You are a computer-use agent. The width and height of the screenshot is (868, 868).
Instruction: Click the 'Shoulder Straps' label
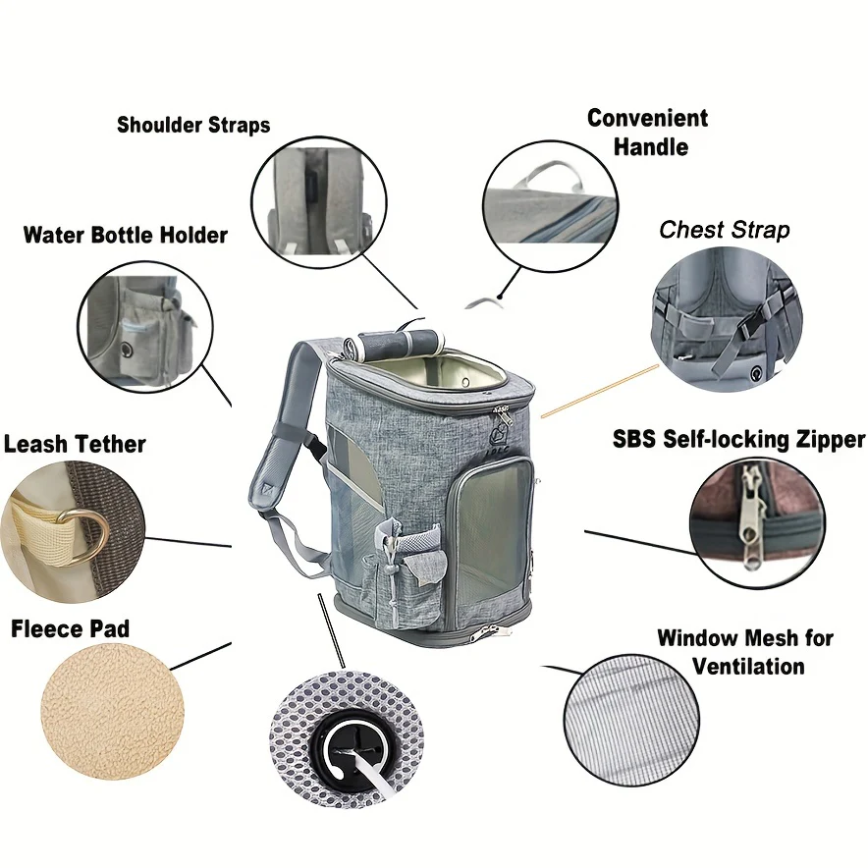tap(193, 125)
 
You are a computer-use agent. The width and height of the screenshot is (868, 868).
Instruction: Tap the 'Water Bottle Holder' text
tap(126, 236)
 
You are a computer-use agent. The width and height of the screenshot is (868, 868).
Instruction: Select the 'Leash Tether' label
tap(75, 444)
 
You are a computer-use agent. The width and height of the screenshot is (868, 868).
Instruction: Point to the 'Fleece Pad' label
tap(70, 628)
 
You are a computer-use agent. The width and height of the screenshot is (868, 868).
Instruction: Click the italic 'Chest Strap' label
tap(724, 230)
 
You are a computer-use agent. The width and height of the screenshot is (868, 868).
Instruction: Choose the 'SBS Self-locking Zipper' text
tap(738, 439)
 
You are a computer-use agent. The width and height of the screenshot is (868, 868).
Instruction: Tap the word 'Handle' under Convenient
tap(650, 147)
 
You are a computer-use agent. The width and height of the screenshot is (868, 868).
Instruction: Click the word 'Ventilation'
tap(748, 666)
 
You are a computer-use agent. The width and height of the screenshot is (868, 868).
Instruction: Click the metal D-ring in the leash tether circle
tap(88, 537)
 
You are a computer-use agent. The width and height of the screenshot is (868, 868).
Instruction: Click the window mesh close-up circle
tap(631, 721)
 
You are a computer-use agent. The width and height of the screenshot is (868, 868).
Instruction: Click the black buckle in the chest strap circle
tap(753, 331)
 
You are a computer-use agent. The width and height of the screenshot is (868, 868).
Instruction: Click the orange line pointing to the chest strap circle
tap(600, 391)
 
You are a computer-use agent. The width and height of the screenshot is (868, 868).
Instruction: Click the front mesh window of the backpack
tap(493, 530)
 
